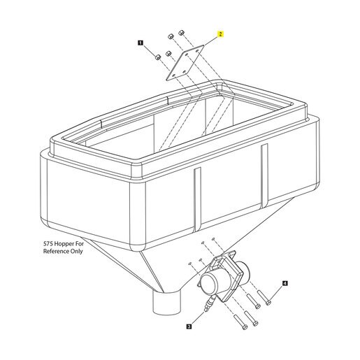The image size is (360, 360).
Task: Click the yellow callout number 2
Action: [220, 34]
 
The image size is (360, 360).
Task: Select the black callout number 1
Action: [141, 43]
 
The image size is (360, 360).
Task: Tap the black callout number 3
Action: [189, 326]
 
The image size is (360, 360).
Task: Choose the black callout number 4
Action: [285, 283]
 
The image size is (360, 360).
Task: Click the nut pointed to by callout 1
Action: [158, 57]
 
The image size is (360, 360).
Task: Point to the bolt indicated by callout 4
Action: [264, 298]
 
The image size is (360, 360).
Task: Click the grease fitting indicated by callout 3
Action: [210, 303]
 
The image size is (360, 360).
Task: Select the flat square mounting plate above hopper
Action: [185, 63]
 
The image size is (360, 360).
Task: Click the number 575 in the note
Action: [48, 244]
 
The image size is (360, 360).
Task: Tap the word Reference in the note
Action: [57, 251]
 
